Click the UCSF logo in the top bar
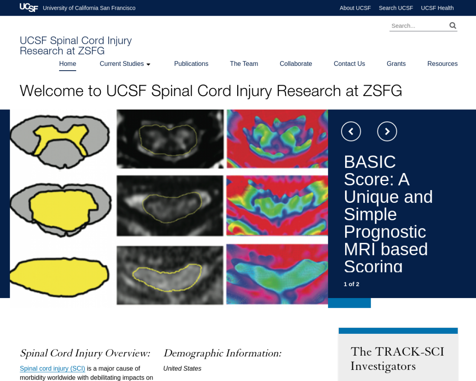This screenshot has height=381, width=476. [x=29, y=7]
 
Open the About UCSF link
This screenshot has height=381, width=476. [x=355, y=8]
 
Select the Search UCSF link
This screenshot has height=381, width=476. [x=396, y=8]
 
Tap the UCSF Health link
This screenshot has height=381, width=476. [x=437, y=8]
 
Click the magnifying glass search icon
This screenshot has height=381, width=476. [x=453, y=25]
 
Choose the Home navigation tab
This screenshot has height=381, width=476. [x=67, y=64]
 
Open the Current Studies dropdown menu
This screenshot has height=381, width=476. [x=125, y=64]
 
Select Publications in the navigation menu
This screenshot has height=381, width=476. [x=191, y=64]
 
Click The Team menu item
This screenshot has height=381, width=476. [x=244, y=64]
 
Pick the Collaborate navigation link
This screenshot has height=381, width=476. [x=296, y=64]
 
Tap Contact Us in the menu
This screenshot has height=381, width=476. [x=349, y=64]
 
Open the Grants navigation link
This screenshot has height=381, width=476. [x=396, y=64]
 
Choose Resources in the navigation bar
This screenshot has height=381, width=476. [x=443, y=64]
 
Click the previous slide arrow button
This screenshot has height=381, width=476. [x=351, y=131]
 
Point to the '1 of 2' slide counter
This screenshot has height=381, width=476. [x=351, y=284]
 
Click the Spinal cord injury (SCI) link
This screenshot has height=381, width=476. [x=52, y=368]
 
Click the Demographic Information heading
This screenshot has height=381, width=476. [x=222, y=353]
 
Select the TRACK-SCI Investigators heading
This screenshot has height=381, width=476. [x=397, y=359]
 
